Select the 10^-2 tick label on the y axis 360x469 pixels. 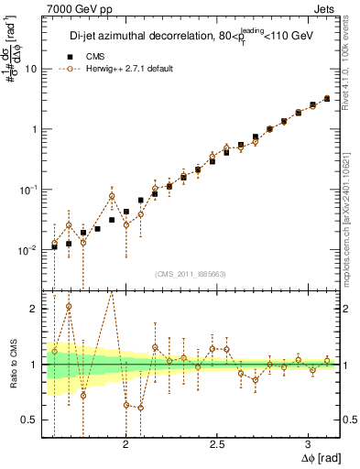point(30,249)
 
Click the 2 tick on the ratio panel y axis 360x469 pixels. point(35,309)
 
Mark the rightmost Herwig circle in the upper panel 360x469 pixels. point(327,98)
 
